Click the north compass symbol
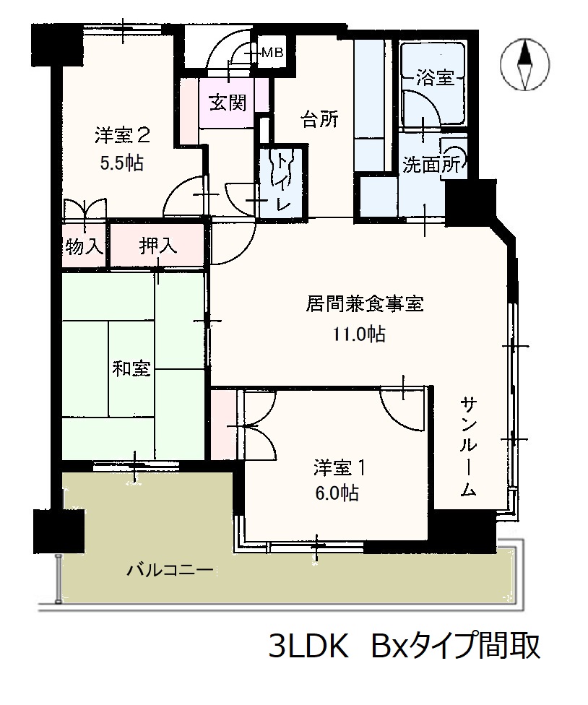tap(525, 65)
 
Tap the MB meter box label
tap(272, 53)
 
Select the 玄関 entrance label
tap(228, 103)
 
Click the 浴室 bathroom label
tap(434, 78)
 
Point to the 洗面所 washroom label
tap(431, 165)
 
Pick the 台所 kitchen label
tap(319, 119)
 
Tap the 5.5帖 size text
tap(122, 163)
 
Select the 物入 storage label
tap(84, 246)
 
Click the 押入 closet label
tap(157, 246)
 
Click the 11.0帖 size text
tap(358, 334)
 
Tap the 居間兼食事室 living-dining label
tap(365, 304)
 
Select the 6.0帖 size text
tap(337, 493)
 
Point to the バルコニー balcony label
tap(170, 571)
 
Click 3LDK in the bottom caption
tap(308, 646)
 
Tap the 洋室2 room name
tap(122, 135)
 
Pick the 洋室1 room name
tap(340, 469)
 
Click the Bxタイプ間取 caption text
tap(455, 646)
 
